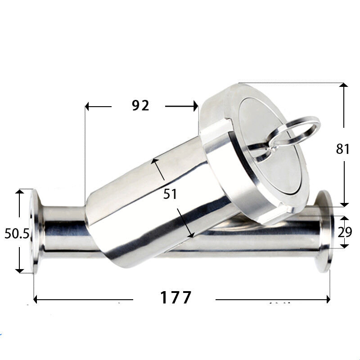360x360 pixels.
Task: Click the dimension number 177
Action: coord(175,297)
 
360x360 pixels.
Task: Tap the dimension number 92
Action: coord(140,106)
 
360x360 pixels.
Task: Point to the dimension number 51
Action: coord(170,194)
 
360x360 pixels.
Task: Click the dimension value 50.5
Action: coord(17,234)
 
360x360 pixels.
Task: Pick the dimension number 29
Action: coord(345,232)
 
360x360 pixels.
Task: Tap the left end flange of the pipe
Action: coord(35,231)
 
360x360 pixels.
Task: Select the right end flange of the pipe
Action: coord(324,231)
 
